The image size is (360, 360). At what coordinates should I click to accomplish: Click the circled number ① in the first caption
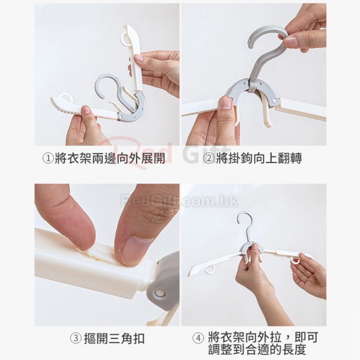coord(48,158)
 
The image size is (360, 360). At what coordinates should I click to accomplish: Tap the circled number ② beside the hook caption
coord(209,158)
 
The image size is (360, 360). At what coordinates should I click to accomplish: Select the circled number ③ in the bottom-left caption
coord(76,338)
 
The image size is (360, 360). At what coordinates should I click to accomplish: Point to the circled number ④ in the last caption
coord(198,338)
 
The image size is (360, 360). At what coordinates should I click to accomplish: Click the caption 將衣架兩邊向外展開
coord(110,158)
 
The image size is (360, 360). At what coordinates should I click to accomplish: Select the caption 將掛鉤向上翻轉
coord(259,158)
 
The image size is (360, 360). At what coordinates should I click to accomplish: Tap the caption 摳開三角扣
coord(114,338)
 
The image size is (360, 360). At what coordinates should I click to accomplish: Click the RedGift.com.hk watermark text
coord(179,201)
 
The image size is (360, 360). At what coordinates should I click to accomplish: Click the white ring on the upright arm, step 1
coord(125,39)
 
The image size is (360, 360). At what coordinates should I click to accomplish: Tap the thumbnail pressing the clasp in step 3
coord(135,250)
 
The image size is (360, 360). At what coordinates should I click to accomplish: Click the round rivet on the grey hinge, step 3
coord(159,293)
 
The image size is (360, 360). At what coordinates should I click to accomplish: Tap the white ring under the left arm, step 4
coord(209,271)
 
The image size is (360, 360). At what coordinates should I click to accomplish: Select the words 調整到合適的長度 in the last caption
coord(257,349)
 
